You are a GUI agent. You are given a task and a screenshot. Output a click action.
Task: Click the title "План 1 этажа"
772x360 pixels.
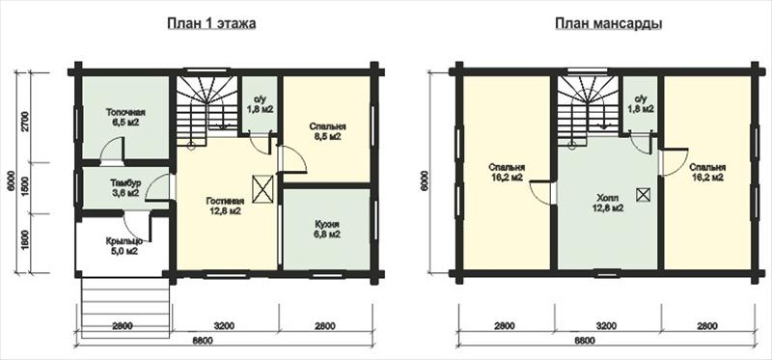tap(211, 23)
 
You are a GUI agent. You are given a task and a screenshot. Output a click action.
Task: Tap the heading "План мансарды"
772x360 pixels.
tap(608, 23)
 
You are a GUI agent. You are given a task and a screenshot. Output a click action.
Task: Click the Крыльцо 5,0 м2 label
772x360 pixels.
tap(124, 246)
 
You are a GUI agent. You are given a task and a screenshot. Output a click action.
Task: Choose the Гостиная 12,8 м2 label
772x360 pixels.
tap(224, 207)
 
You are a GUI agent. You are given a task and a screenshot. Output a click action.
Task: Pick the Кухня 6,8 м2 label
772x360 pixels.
tap(327, 230)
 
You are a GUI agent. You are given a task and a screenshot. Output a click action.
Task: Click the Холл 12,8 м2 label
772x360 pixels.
tap(608, 203)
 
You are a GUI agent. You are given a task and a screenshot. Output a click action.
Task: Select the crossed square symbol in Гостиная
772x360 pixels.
tap(262, 188)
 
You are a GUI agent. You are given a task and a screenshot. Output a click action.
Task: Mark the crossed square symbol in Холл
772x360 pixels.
tap(643, 195)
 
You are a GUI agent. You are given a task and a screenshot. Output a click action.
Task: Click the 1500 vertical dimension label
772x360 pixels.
tap(26, 187)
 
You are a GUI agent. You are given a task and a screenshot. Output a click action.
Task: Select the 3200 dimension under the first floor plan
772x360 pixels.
tap(224, 325)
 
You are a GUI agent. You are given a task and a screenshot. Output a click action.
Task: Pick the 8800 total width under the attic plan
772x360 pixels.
tap(585, 341)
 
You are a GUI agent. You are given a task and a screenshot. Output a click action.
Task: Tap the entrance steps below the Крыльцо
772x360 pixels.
tap(125, 307)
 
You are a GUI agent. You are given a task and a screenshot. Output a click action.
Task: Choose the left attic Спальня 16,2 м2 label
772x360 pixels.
tap(506, 172)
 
